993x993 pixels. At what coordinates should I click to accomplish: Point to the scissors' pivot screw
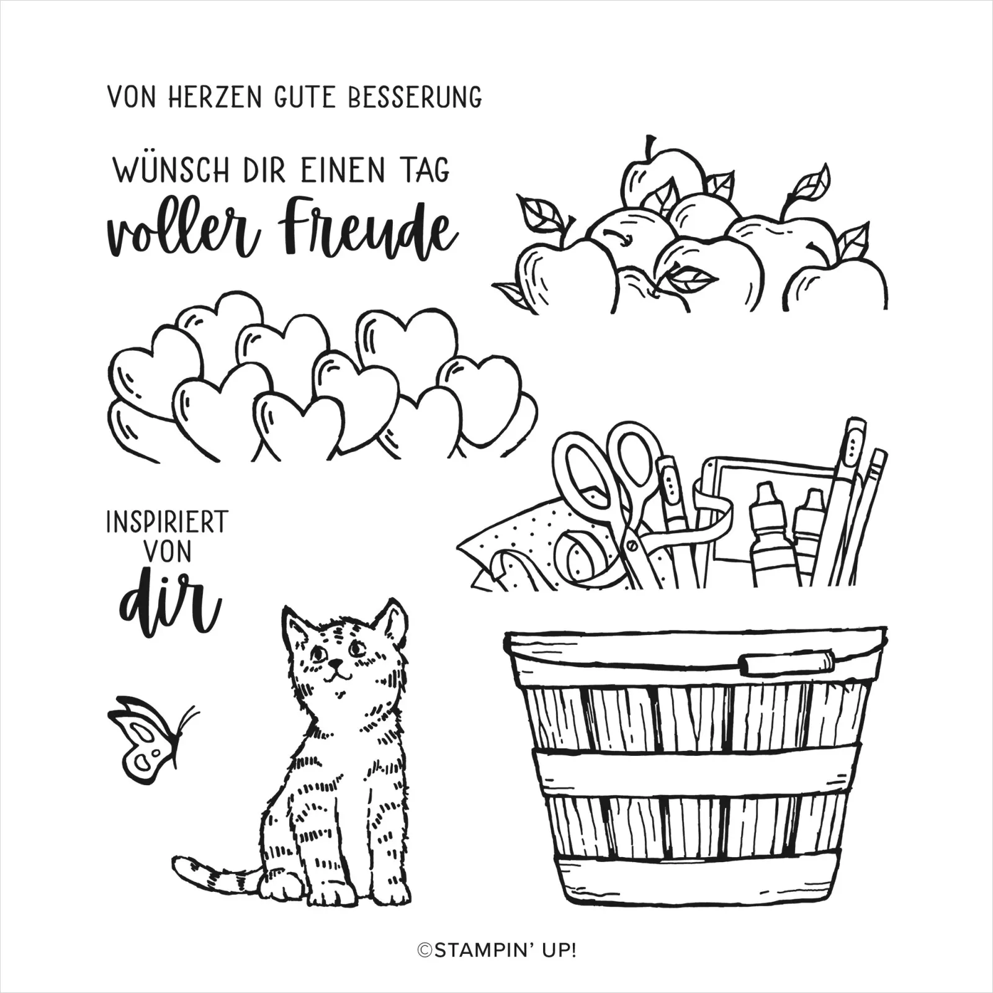click(x=632, y=546)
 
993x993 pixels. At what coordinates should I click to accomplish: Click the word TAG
click(x=426, y=170)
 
